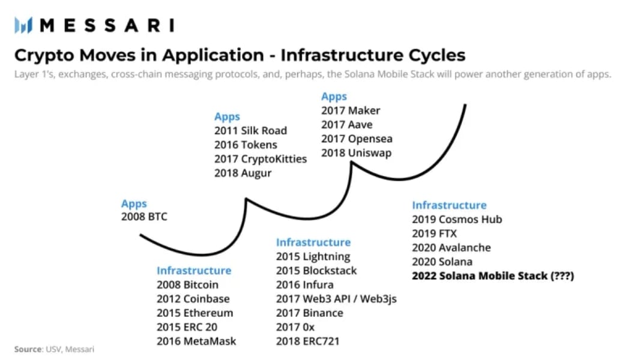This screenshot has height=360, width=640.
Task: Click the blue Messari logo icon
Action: [23, 25]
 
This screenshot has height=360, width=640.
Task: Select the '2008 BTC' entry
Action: [144, 217]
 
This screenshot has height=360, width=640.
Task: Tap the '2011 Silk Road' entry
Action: [250, 130]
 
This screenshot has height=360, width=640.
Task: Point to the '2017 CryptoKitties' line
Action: [261, 159]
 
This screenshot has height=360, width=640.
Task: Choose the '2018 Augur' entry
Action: [243, 173]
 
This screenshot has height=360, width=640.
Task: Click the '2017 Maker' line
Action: [351, 110]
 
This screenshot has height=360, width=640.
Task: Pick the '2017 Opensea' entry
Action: [357, 139]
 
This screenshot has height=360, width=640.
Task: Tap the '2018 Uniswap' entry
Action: [357, 153]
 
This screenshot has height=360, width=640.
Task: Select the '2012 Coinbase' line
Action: [193, 299]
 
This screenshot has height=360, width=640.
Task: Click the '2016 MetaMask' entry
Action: [196, 341]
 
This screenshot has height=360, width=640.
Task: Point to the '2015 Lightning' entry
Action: [313, 257]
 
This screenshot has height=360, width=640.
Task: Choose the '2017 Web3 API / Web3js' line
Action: [336, 299]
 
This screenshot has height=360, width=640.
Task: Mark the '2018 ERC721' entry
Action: [308, 341]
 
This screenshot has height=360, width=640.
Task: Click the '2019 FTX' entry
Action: [434, 233]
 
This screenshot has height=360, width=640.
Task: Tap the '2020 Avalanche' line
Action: [451, 247]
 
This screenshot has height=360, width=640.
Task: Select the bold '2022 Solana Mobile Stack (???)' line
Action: [493, 276]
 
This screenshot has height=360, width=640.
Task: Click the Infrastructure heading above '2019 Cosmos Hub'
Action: [450, 205]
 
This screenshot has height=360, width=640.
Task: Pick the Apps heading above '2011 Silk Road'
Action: [228, 117]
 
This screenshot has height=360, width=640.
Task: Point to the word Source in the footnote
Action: [28, 349]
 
